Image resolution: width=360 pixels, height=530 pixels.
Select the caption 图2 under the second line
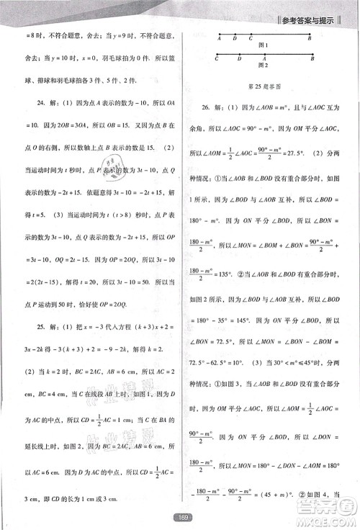tap(264, 66)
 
